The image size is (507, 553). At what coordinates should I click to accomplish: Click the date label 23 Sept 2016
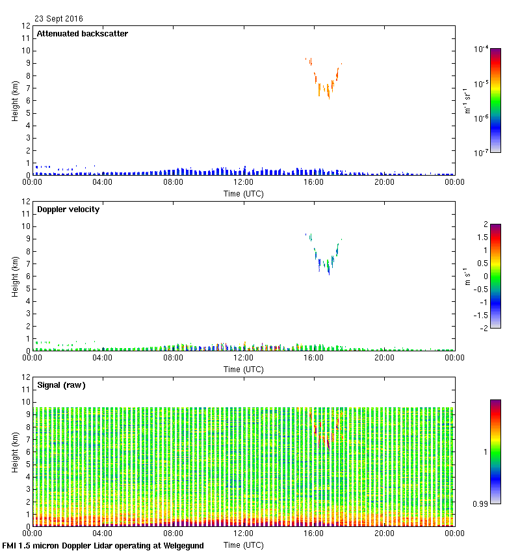[x=58, y=19]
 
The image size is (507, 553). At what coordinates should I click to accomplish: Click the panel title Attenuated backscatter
[x=83, y=34]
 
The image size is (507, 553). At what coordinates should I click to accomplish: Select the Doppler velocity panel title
[x=68, y=209]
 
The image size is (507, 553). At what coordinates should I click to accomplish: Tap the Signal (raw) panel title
[x=62, y=385]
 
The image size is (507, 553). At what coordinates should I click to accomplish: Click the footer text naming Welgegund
[x=103, y=546]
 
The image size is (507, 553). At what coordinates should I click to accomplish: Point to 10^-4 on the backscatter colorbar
[x=482, y=49]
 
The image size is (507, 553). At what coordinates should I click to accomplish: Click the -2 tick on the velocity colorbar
[x=482, y=328]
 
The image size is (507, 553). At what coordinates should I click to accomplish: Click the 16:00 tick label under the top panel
[x=314, y=183]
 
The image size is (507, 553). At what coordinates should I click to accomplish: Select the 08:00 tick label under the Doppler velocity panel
[x=173, y=358]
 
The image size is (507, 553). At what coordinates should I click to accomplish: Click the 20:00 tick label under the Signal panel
[x=384, y=534]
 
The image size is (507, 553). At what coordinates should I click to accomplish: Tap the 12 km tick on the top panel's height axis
[x=27, y=26]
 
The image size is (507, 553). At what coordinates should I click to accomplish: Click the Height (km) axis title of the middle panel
[x=14, y=276]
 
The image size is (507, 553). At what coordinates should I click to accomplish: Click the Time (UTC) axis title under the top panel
[x=244, y=193]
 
